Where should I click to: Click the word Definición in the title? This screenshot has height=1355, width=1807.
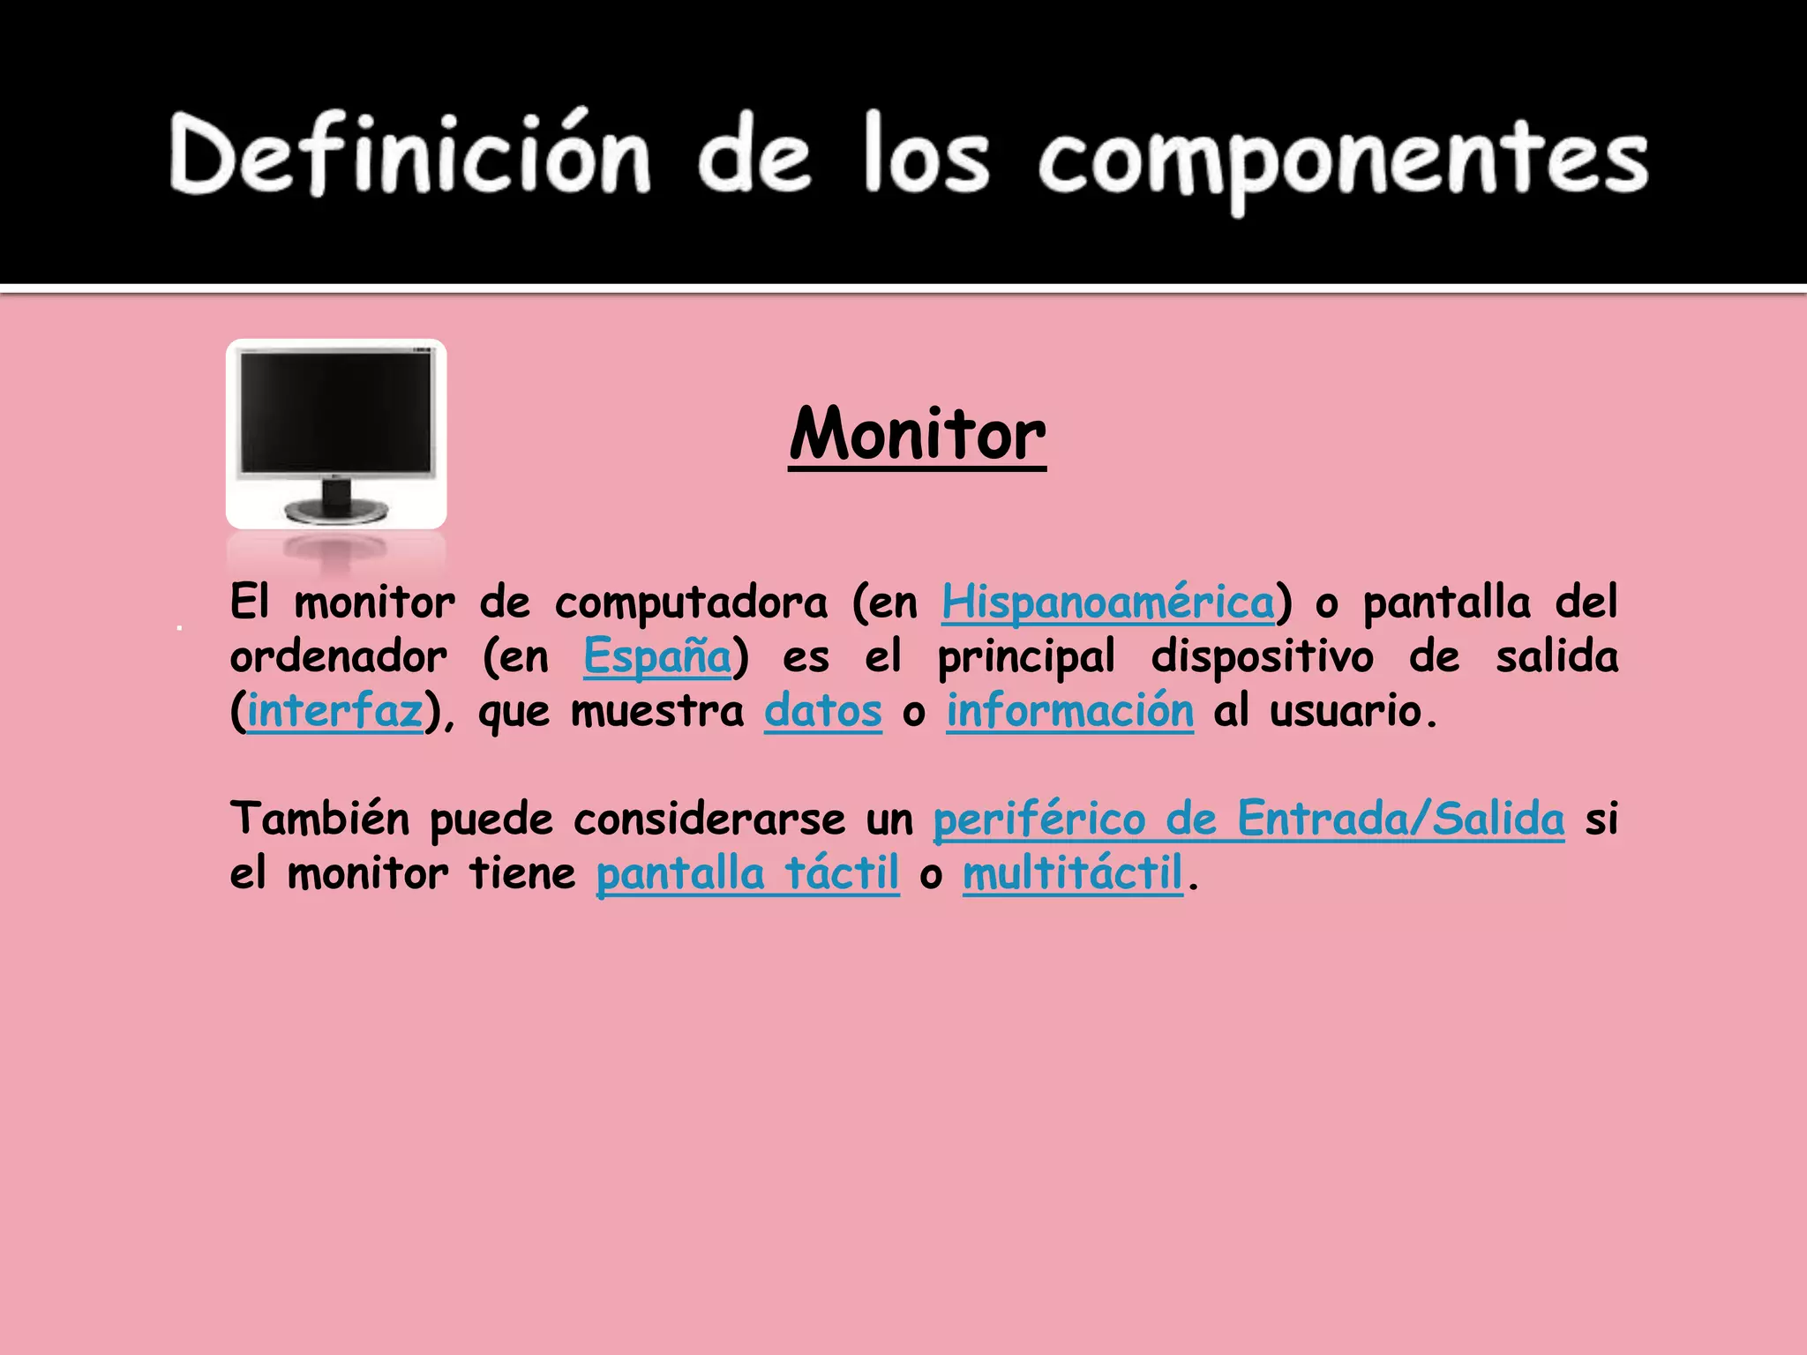410,154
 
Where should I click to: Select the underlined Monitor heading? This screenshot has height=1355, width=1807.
918,434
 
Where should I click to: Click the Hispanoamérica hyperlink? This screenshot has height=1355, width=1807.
1108,603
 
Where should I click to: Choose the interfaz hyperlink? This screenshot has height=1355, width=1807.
334,711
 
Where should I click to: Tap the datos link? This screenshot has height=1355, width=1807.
822,711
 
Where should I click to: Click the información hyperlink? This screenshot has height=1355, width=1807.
1070,711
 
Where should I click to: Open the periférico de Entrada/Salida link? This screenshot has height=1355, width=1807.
1248,819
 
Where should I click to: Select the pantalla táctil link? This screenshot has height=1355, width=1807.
747,873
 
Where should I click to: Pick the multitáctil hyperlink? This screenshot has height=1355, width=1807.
1072,873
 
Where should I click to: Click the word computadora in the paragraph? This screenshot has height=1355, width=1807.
691,603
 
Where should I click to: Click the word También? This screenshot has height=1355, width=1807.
319,819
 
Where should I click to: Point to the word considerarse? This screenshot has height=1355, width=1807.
709,819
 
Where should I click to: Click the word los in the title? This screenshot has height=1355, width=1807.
926,154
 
